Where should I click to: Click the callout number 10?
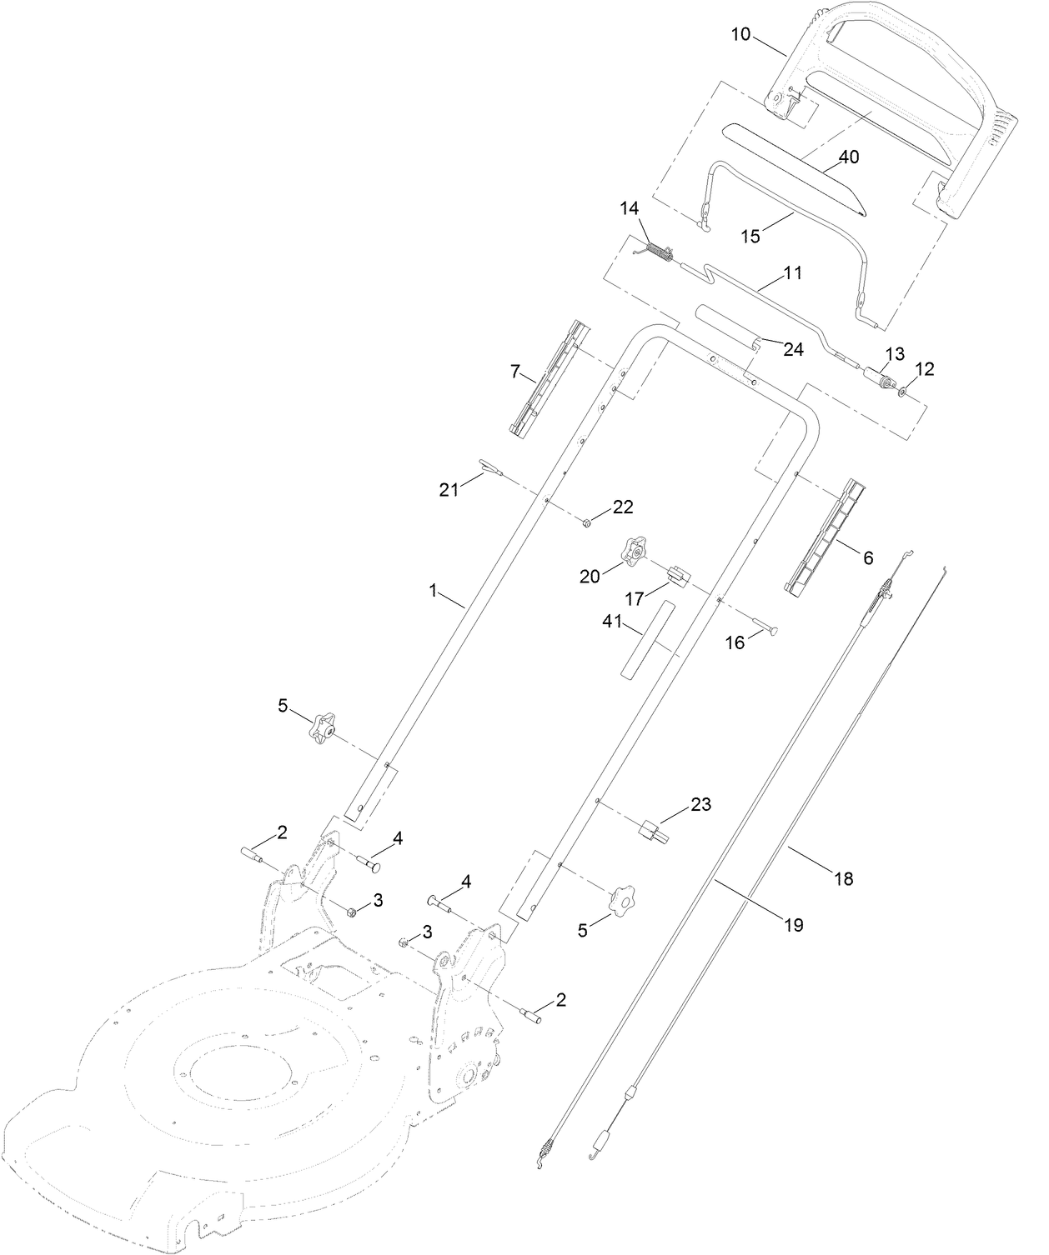coord(740,34)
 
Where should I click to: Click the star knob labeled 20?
coord(632,551)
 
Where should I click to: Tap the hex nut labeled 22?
coord(587,522)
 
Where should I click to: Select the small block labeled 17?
coord(677,574)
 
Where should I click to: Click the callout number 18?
coord(844,877)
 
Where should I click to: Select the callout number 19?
coord(793,924)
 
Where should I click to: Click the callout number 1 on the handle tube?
coord(433,590)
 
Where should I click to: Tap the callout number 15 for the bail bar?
coord(750,236)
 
